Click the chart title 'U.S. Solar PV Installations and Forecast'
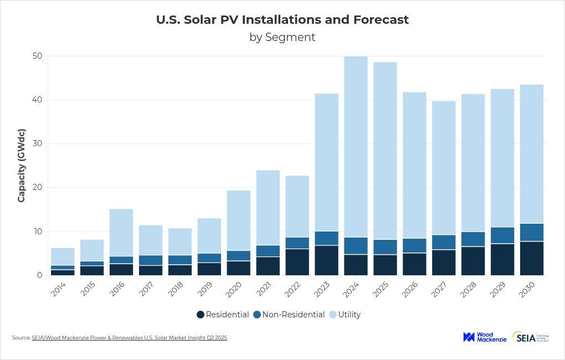point(282,20)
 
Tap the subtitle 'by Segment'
point(282,37)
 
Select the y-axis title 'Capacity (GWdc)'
point(22,166)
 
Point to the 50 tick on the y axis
point(38,56)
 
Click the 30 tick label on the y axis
point(38,143)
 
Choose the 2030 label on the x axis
point(530,288)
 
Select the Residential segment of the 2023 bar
point(326,260)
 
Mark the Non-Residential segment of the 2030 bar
point(531,233)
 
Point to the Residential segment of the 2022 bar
point(297,262)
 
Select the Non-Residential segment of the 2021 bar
point(268,251)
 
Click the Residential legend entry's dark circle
point(201,315)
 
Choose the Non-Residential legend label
point(293,315)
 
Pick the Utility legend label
point(349,315)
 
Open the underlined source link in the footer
point(129,337)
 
